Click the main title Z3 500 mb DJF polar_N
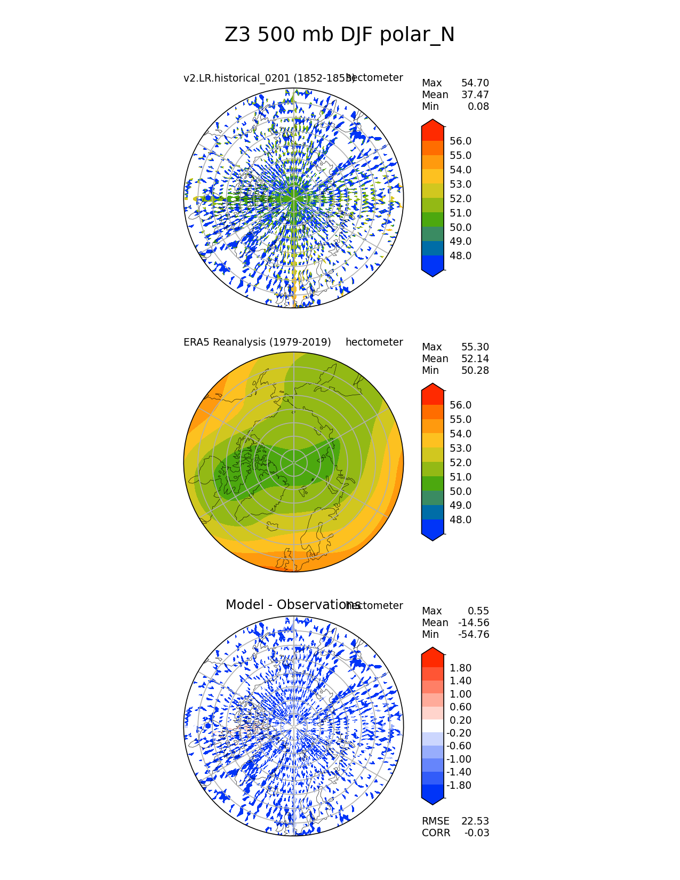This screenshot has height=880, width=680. point(340,35)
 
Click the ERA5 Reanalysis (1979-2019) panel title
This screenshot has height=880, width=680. point(257,342)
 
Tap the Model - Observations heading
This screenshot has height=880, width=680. point(293,605)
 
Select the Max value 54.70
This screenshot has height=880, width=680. point(475,83)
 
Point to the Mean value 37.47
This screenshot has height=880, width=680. point(475,95)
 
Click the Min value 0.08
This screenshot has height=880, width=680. point(479,107)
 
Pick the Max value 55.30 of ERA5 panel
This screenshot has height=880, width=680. point(475,347)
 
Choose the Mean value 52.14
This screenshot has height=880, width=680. point(475,359)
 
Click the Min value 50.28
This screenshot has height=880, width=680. point(475,371)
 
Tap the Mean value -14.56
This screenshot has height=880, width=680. point(474,623)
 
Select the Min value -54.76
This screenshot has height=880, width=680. point(474,635)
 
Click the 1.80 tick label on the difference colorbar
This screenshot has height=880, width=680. point(461,668)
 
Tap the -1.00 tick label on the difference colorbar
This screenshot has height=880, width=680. point(459,759)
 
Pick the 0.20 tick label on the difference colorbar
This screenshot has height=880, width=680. point(461,721)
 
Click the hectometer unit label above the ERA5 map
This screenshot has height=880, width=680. point(374,342)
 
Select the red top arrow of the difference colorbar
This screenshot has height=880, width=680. point(433,654)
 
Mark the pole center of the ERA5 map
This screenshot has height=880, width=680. point(294,462)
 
